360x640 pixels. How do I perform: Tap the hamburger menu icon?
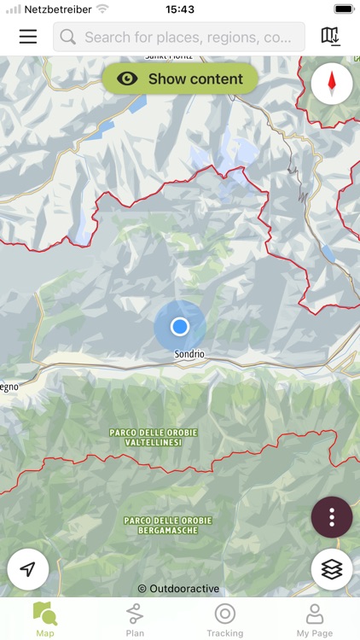[28, 37]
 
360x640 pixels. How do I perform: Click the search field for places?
[179, 38]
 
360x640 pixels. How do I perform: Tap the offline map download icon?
[330, 37]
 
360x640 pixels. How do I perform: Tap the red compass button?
[332, 84]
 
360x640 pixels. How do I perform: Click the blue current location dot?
[179, 327]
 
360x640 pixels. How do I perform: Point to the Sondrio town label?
[189, 353]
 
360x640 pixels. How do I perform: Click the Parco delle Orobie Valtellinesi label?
[154, 437]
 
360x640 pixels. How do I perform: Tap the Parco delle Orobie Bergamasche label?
[168, 525]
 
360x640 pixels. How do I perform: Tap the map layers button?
[332, 568]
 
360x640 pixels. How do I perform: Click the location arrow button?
[28, 569]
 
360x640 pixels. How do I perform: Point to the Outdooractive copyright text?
[178, 588]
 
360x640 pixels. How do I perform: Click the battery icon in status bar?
[342, 9]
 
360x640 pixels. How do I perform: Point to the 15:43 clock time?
[180, 9]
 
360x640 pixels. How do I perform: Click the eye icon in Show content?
[128, 79]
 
